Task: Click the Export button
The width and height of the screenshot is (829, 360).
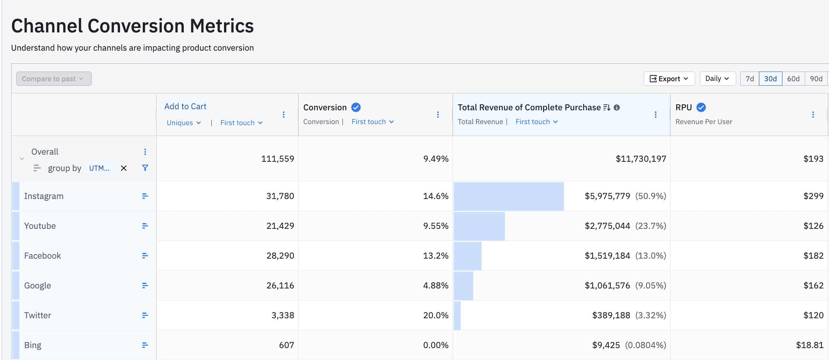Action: [x=669, y=79]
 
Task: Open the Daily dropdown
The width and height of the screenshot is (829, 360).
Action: [x=717, y=79]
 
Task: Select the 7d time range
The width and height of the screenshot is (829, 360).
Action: [x=749, y=79]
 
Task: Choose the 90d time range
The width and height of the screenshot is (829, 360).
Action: [x=816, y=79]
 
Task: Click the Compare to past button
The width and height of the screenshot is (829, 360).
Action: [x=54, y=79]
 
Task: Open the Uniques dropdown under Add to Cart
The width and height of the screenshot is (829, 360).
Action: [x=184, y=123]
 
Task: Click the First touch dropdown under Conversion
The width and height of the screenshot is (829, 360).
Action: [x=372, y=122]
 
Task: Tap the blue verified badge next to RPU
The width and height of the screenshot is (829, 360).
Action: [x=701, y=107]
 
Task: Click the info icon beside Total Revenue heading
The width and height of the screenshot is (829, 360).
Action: [x=617, y=108]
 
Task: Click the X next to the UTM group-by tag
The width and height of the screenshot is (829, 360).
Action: [x=124, y=168]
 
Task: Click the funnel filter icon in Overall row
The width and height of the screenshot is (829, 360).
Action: [x=145, y=168]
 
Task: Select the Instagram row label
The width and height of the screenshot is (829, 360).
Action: [x=44, y=196]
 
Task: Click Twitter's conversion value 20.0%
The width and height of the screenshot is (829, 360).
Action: [x=435, y=315]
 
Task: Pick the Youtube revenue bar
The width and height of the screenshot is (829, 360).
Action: [x=479, y=226]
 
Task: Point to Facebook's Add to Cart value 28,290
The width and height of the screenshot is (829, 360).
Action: [x=280, y=256]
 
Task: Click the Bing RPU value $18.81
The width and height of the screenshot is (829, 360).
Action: [x=809, y=345]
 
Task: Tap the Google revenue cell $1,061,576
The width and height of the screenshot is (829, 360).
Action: [x=607, y=285]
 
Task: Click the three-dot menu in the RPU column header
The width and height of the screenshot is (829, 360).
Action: [x=813, y=114]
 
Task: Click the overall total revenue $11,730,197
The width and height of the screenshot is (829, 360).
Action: [x=640, y=159]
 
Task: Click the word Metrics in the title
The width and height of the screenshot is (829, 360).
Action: [x=221, y=26]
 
